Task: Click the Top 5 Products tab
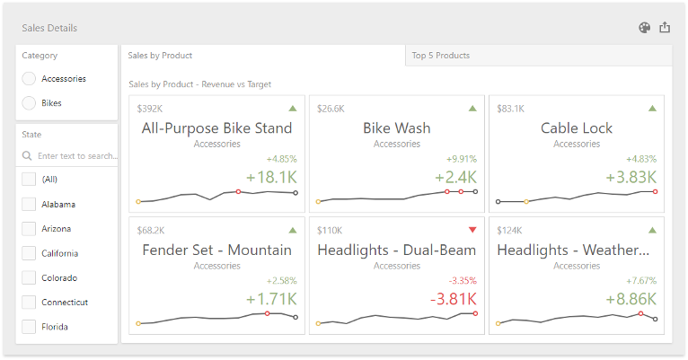pos(440,56)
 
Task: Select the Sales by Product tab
pos(160,56)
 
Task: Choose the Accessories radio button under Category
pos(30,79)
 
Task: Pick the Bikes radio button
pos(30,103)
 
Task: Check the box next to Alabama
pos(29,204)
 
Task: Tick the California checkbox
pos(29,253)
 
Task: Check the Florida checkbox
pos(29,327)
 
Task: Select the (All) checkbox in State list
pos(29,180)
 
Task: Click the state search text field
pos(76,156)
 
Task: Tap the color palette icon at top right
pos(644,28)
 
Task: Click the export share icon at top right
pos(665,28)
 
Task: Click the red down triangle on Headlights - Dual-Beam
pos(472,230)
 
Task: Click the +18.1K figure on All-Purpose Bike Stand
pos(270,177)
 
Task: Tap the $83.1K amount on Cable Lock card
pos(511,109)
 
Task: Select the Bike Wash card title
pos(396,128)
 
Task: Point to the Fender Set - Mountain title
pos(216,250)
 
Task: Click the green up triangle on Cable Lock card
pos(652,109)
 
